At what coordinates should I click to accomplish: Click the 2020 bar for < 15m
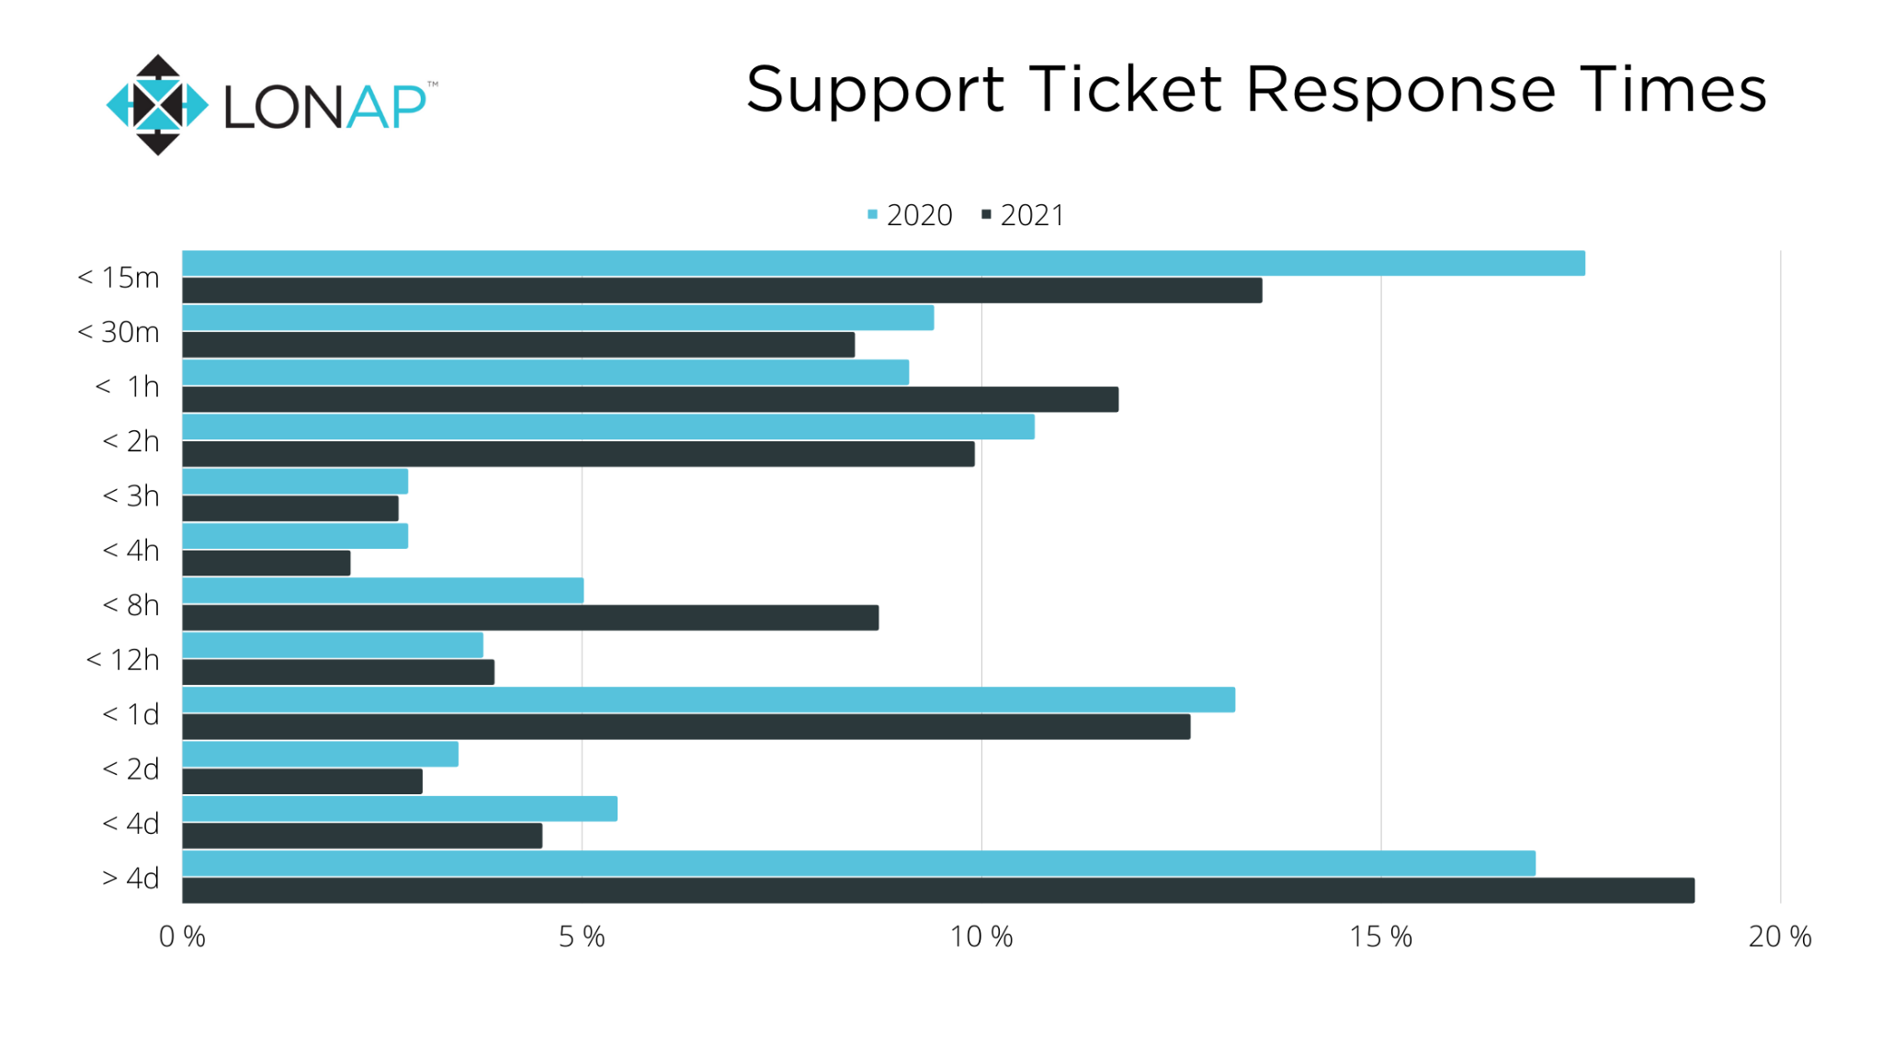[882, 263]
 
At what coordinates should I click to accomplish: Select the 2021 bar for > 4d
[937, 890]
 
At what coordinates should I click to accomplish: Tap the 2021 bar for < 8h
[530, 618]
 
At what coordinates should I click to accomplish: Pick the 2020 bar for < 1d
[708, 700]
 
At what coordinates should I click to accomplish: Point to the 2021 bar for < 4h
[266, 564]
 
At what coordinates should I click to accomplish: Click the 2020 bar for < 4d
[400, 809]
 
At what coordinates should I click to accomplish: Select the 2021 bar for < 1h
[650, 399]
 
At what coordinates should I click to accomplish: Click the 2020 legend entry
[910, 215]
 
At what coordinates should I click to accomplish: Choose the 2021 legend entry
[1023, 215]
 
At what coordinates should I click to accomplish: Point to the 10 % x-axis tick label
[981, 937]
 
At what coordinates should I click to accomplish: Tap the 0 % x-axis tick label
[182, 937]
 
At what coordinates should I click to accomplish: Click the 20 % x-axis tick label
[1779, 937]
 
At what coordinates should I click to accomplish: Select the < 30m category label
[119, 332]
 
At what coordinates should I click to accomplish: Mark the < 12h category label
[122, 660]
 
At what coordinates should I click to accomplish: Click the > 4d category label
[130, 879]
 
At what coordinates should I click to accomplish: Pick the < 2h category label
[130, 441]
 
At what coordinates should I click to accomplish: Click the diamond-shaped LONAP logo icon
[158, 105]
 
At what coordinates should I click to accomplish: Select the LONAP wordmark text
[325, 107]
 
